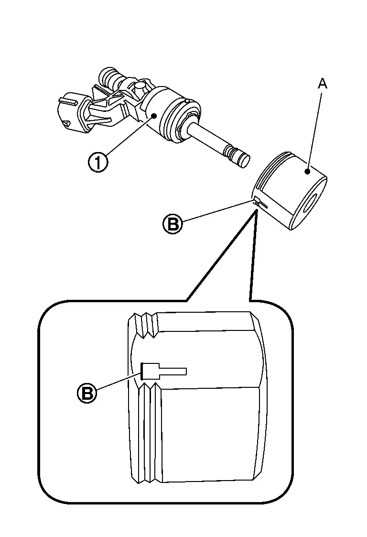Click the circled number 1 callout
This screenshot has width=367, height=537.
[x=98, y=163]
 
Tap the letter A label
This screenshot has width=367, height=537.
[x=323, y=84]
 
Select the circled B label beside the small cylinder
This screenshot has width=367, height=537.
[x=173, y=223]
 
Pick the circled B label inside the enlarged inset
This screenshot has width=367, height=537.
[x=86, y=393]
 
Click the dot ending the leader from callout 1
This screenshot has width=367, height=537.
[x=153, y=116]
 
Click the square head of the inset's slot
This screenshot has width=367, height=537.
[x=150, y=371]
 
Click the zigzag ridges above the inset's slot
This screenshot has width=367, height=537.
[x=145, y=326]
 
